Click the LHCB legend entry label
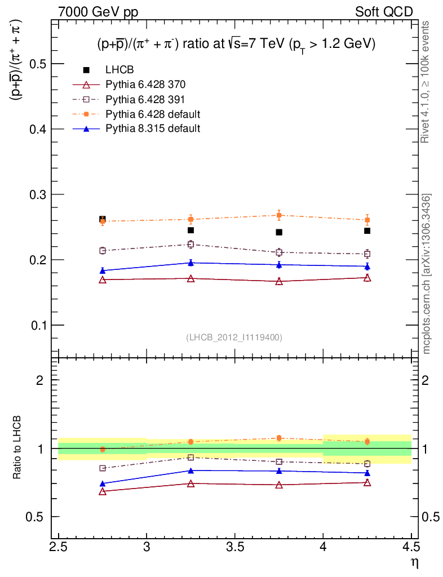point(119,70)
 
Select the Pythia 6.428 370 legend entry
point(145,85)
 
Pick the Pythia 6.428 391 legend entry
point(145,100)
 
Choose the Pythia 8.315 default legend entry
point(152,128)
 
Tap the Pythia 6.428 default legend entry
point(152,114)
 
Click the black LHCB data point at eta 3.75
point(279,232)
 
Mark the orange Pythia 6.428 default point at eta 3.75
point(279,215)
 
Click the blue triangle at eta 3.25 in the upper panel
point(191,263)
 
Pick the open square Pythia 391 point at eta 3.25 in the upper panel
point(191,245)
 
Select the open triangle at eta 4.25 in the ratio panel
point(367,483)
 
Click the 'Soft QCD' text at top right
point(383,12)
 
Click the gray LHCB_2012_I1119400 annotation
point(234,338)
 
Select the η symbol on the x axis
point(414,562)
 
